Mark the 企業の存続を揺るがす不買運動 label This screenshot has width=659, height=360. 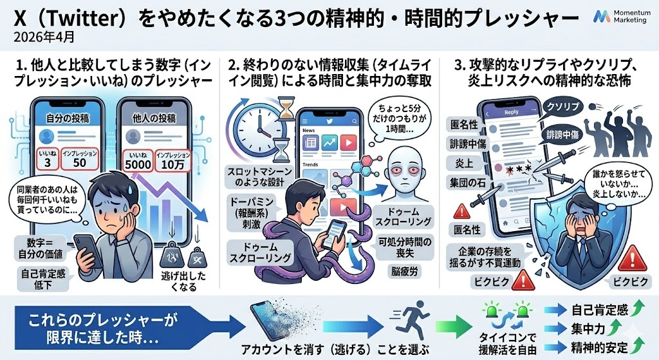coord(487,256)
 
